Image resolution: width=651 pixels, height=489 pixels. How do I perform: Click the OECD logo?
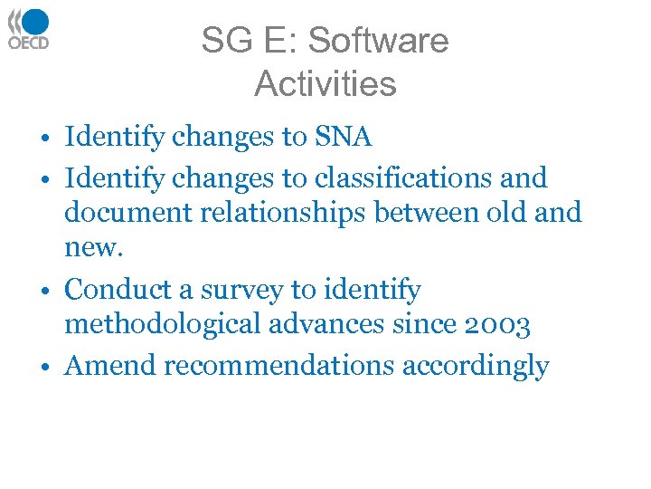coord(29,28)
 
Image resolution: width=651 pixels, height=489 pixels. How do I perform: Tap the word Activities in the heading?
coord(325,84)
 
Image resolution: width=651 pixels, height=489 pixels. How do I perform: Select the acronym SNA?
coord(344,138)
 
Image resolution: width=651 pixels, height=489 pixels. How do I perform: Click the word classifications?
coord(393,177)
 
